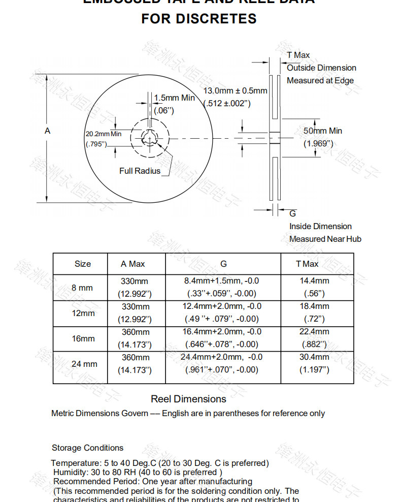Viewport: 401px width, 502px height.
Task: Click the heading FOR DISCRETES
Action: (198, 19)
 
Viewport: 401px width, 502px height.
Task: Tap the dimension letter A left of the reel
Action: (48, 131)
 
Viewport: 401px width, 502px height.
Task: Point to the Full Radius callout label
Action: (140, 171)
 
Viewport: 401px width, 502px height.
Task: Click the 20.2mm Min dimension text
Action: (104, 134)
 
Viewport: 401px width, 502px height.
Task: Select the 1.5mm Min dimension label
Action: (174, 98)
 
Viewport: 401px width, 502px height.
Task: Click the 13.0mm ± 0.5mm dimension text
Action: (235, 91)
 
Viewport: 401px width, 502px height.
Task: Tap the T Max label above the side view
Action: (298, 55)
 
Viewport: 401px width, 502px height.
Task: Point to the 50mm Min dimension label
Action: (323, 131)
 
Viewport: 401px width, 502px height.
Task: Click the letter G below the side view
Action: (292, 213)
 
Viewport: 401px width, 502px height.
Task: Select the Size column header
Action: (83, 264)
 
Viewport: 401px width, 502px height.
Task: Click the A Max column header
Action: (133, 264)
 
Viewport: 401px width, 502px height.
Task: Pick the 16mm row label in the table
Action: (83, 338)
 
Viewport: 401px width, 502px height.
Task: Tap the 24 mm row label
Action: (84, 364)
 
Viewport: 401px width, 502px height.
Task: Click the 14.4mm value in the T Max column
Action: (314, 280)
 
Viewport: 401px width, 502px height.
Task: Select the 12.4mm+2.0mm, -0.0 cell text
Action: (222, 306)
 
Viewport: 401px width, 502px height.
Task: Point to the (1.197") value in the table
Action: (314, 369)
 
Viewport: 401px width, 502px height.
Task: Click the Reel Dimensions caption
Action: (188, 399)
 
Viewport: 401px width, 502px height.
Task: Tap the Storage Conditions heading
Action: (87, 448)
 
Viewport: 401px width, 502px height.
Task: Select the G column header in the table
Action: (223, 264)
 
